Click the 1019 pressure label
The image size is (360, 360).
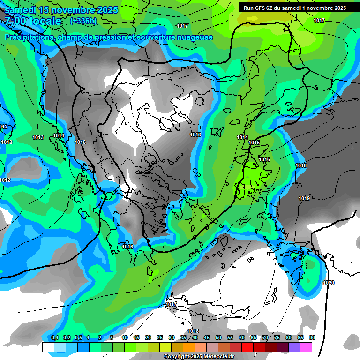304,199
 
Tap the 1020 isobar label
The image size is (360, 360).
329,283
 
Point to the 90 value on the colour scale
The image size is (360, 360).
312,338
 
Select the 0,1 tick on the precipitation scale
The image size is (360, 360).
54,338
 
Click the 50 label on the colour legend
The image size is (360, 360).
218,338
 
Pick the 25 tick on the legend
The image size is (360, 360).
160,338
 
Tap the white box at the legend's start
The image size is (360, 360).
48,347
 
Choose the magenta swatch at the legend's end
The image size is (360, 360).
306,347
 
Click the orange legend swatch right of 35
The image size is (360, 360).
189,347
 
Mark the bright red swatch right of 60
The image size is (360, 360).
247,347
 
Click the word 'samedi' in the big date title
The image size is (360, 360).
22,10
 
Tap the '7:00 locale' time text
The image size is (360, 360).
33,21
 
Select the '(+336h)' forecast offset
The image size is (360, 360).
83,21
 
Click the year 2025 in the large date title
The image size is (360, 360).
104,10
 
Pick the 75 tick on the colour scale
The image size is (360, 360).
277,338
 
